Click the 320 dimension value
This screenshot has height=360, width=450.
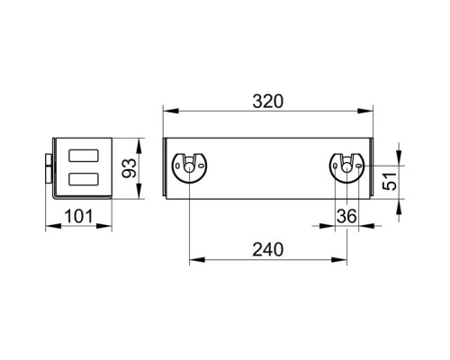tap(267, 102)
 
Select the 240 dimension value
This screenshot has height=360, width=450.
tap(267, 249)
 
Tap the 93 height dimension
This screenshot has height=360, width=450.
tap(130, 168)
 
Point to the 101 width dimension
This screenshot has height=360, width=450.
tap(79, 217)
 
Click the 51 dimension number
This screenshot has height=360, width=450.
tap(390, 182)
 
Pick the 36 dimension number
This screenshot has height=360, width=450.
tap(346, 216)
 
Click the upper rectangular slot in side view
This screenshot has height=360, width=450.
tap(84, 156)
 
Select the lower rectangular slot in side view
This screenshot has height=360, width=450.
tap(84, 179)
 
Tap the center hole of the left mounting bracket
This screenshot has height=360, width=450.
tap(189, 166)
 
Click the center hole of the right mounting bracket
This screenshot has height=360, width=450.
tap(346, 166)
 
